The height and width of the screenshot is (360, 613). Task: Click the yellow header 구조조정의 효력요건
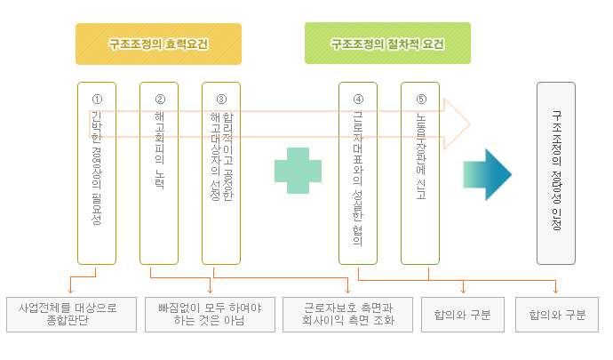point(158,44)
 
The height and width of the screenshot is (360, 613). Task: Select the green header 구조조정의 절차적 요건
point(387,44)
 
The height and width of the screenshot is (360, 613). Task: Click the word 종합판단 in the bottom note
point(68,322)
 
